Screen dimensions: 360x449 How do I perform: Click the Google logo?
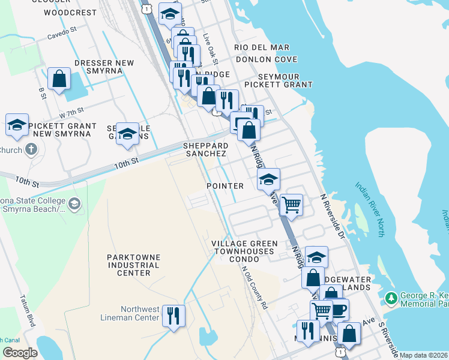point(20,353)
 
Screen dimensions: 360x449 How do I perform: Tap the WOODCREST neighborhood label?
point(70,12)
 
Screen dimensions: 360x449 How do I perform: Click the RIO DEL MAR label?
point(262,47)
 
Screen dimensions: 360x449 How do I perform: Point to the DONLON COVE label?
point(267,59)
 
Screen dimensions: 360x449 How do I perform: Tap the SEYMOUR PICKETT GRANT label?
point(285,80)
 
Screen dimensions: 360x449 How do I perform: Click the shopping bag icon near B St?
point(59,79)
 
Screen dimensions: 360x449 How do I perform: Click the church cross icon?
point(31,149)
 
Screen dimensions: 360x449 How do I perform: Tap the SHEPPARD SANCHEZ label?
point(205,149)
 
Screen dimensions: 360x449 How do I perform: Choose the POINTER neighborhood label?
point(225,186)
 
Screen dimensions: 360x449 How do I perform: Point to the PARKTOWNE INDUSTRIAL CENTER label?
point(134,265)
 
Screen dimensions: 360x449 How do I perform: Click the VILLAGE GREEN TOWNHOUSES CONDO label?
point(244,251)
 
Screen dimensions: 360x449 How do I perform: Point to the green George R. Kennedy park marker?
point(392,298)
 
